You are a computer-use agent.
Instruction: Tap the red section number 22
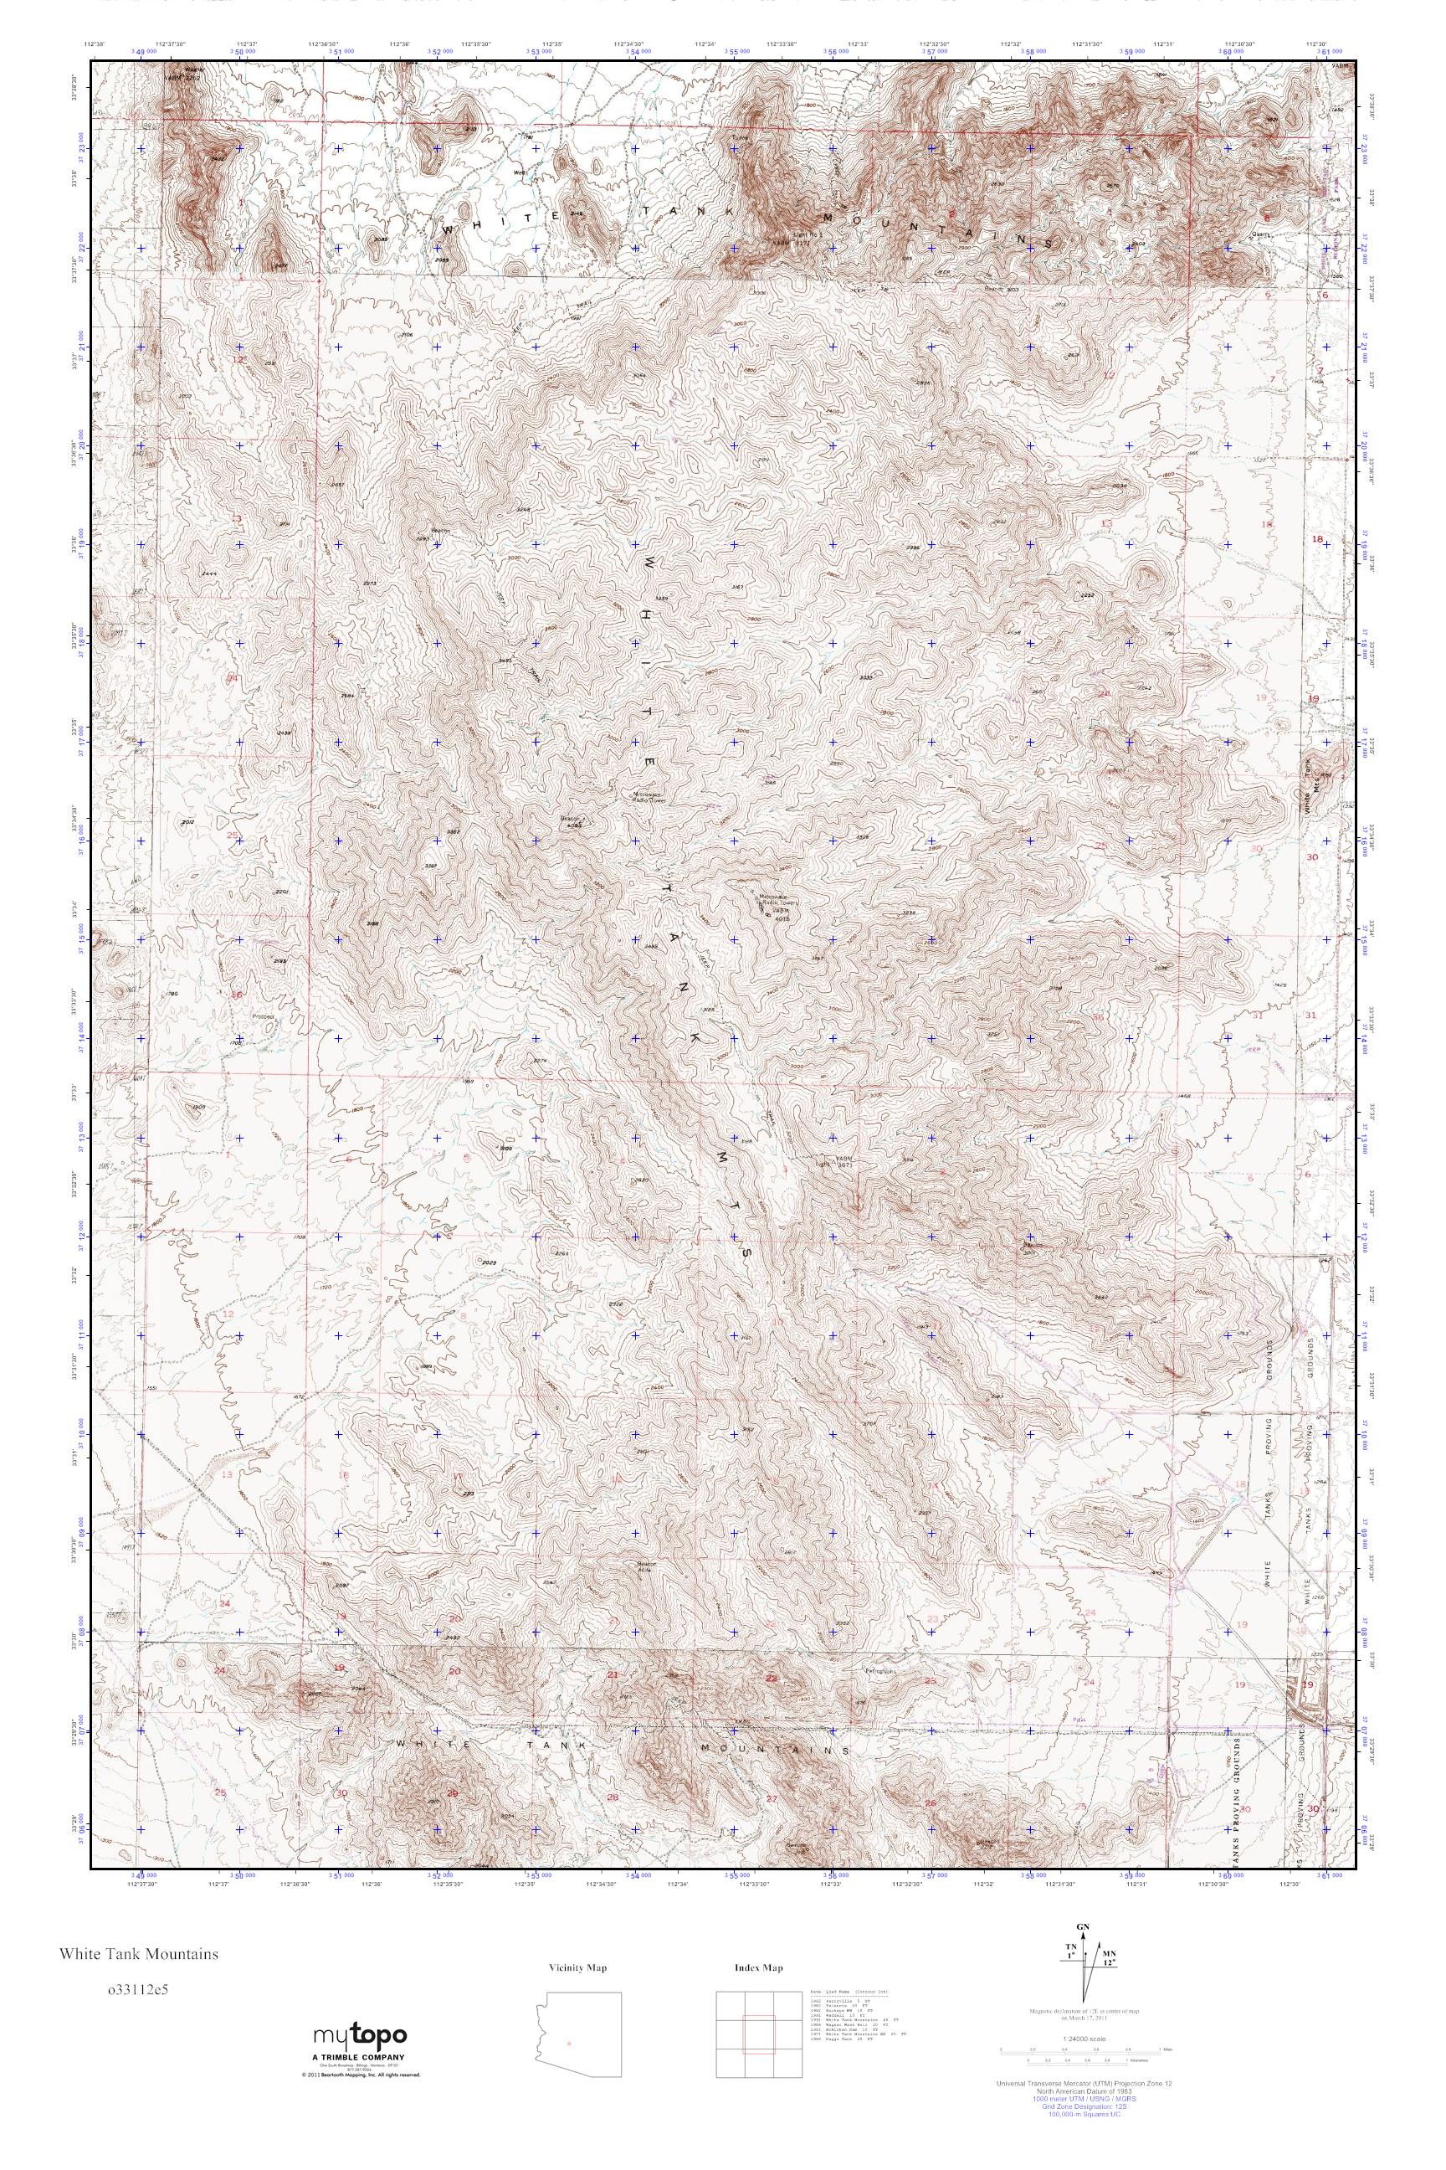pyautogui.click(x=772, y=1678)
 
